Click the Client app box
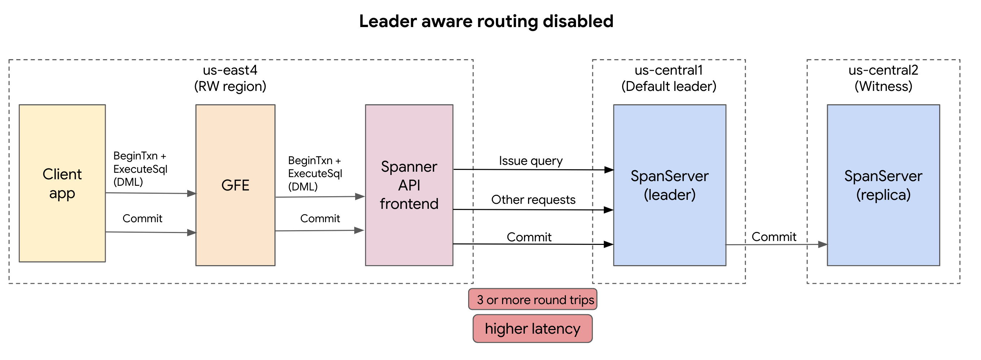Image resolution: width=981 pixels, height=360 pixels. pos(62,183)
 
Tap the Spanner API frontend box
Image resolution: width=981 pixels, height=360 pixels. pos(409,185)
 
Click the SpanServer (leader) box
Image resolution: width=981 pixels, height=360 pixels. pos(669,185)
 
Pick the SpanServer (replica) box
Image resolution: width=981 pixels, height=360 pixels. pos(883,185)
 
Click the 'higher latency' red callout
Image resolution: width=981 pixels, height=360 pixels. pos(532,328)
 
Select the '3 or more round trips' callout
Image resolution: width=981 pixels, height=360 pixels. pos(532,299)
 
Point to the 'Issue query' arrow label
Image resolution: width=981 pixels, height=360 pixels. pos(531,161)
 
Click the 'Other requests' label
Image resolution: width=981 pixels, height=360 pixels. pos(533,199)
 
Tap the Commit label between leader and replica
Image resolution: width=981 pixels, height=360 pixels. pos(774,237)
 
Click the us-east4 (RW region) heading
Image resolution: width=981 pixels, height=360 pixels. pos(230,78)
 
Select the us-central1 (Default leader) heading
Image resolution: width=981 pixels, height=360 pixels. pos(668,78)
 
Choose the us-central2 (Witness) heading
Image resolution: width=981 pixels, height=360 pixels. pos(883,78)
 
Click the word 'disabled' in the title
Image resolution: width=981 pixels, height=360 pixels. pos(578,21)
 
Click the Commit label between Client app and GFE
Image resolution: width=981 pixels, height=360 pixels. pos(142,218)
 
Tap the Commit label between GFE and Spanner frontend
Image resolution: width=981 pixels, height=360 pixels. pos(320,218)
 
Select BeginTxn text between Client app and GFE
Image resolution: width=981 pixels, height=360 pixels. pos(135,156)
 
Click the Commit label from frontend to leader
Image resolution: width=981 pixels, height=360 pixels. pos(529,237)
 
